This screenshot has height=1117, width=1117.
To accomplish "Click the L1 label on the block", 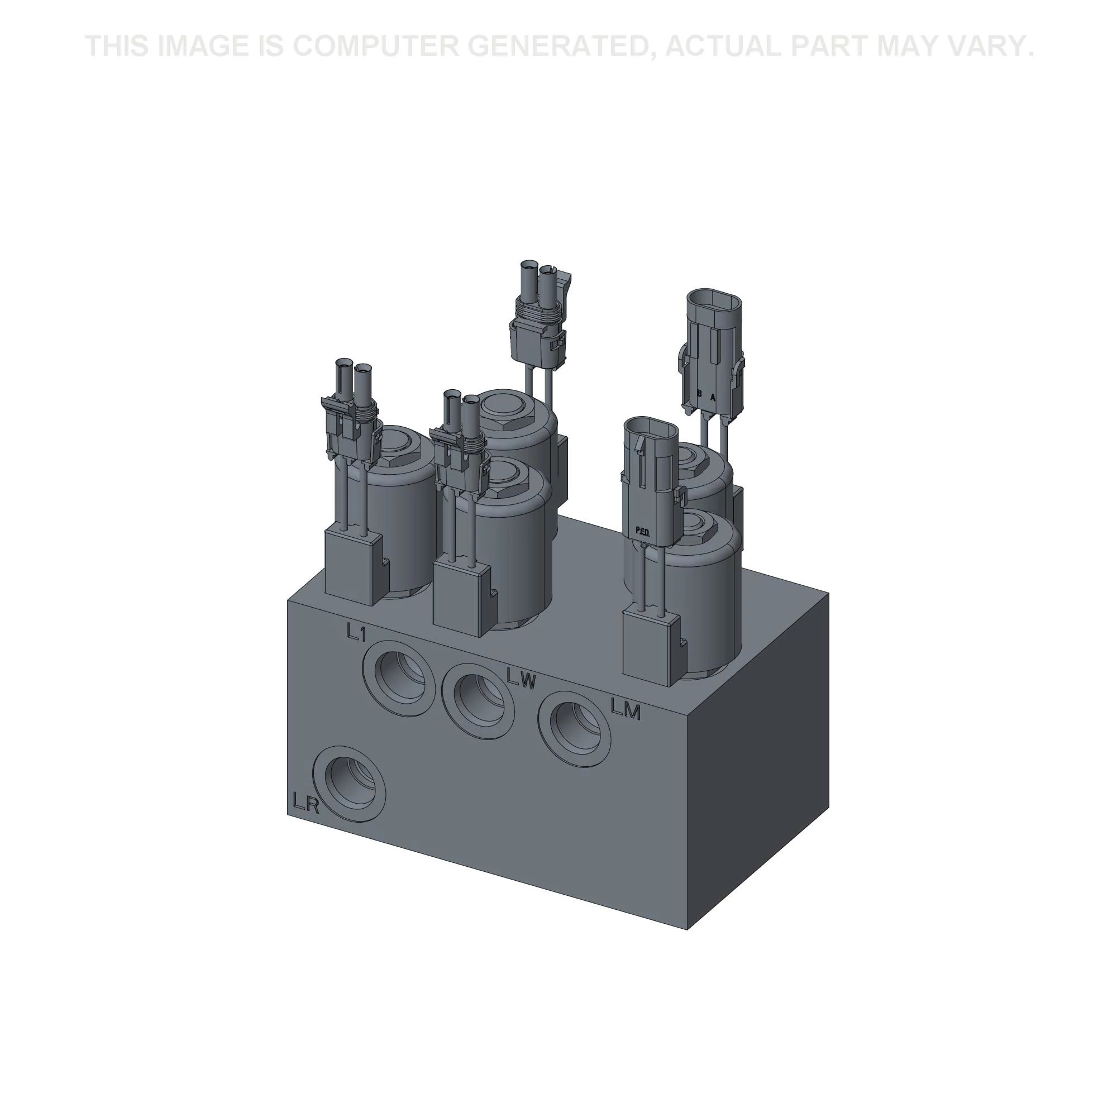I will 357,632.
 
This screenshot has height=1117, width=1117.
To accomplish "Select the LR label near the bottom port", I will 306,803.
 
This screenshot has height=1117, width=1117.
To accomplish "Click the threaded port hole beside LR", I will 349,784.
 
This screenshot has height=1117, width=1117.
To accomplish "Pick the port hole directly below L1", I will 398,677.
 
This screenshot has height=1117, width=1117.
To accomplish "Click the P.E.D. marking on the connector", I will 642,530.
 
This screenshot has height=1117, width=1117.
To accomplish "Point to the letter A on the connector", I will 713,397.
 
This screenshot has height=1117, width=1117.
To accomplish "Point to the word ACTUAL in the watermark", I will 723,46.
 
